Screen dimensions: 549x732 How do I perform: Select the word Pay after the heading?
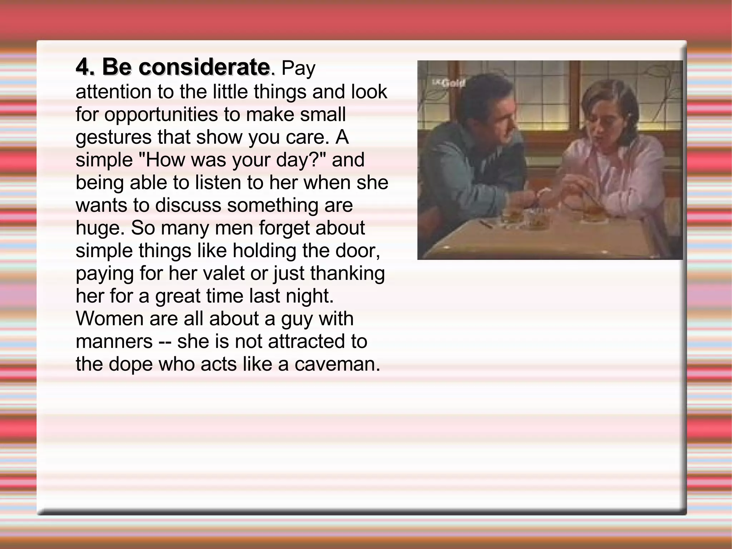[298, 69]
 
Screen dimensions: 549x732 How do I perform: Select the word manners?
[114, 342]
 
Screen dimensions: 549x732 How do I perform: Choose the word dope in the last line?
[130, 365]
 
